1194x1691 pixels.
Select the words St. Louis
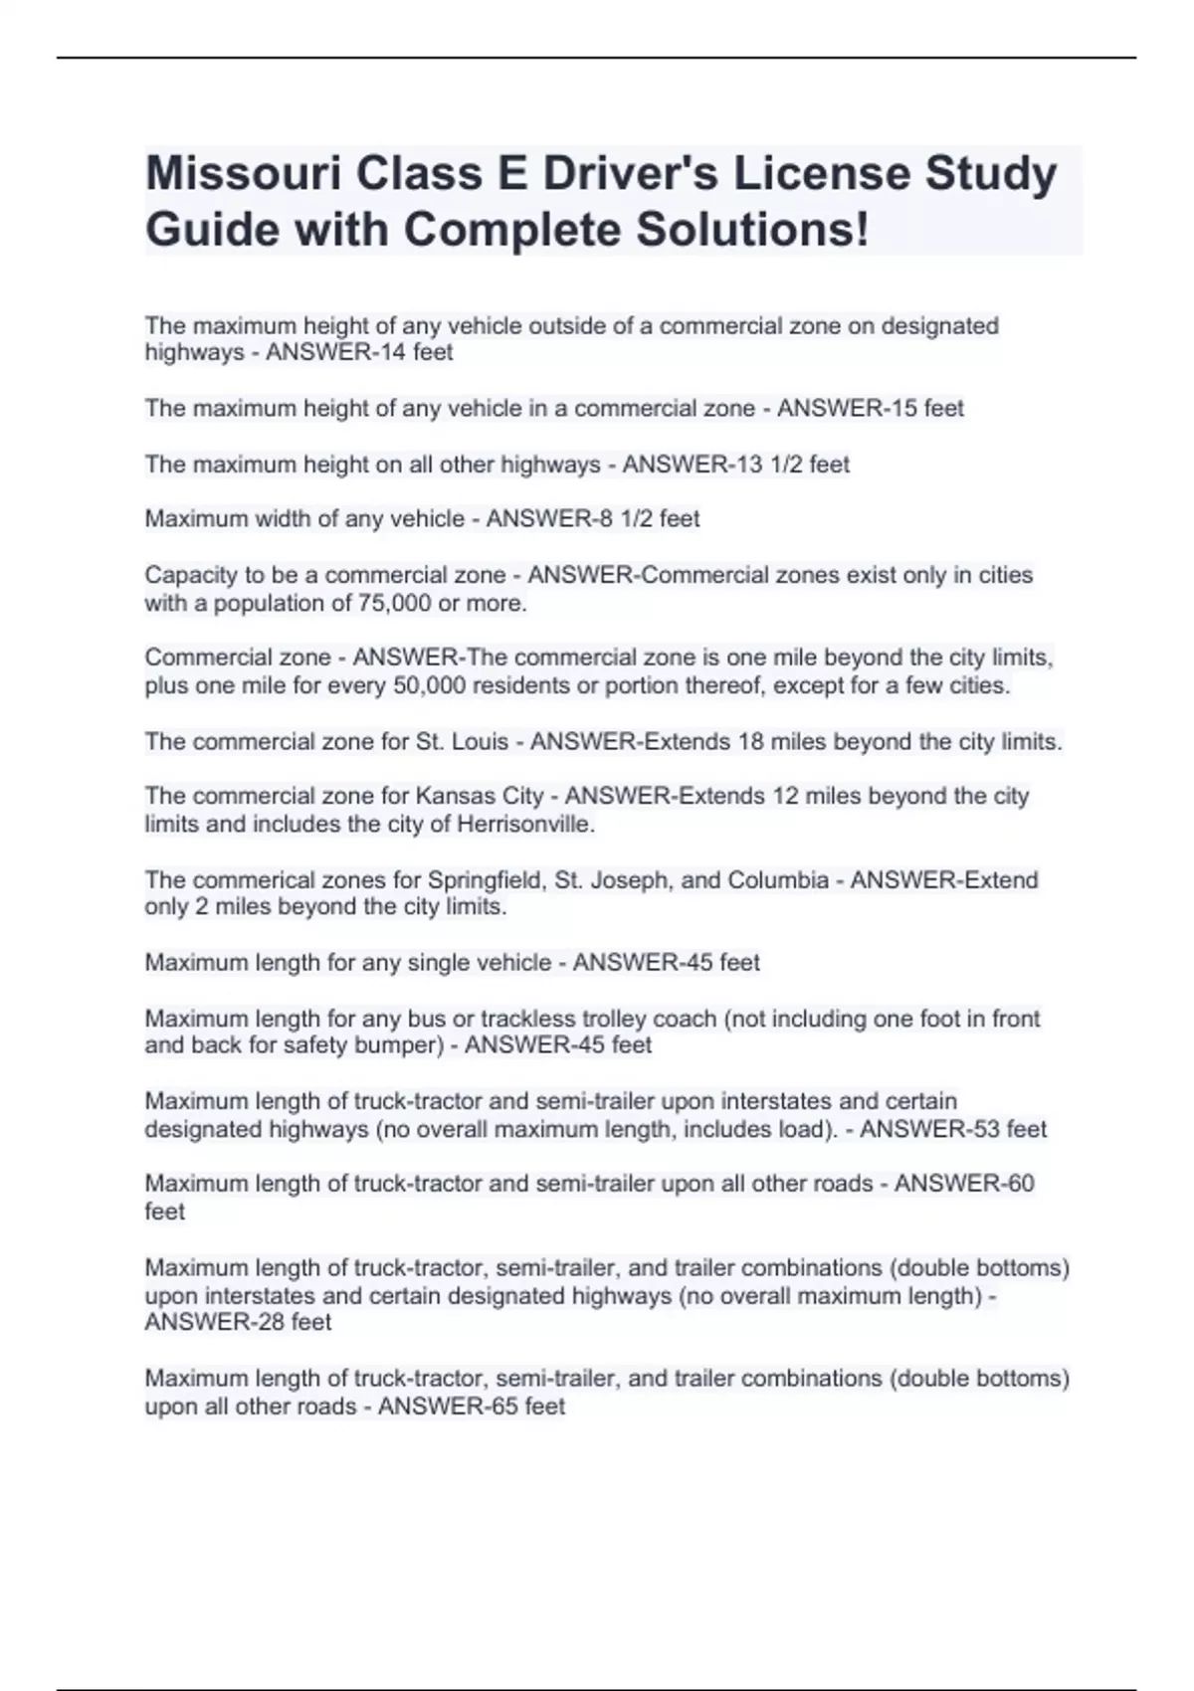[x=467, y=742]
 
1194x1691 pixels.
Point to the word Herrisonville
[x=525, y=824]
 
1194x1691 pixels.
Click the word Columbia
[x=778, y=880]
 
